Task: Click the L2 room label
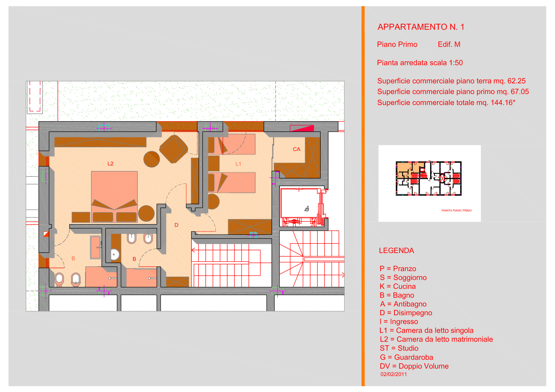click(x=110, y=164)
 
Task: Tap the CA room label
click(x=296, y=149)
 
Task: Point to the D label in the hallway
click(x=176, y=225)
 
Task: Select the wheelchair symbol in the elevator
click(x=307, y=209)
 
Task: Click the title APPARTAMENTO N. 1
click(x=421, y=27)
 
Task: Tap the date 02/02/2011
click(x=394, y=375)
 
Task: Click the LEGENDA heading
click(x=396, y=251)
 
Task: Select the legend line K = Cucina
click(x=397, y=287)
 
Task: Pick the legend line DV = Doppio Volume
click(x=414, y=366)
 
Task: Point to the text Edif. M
click(x=449, y=44)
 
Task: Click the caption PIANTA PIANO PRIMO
click(x=456, y=210)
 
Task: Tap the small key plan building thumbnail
click(x=428, y=178)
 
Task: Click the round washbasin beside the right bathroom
click(x=115, y=254)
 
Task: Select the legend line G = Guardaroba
click(x=406, y=357)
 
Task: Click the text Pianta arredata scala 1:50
click(x=420, y=63)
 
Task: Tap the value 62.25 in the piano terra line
click(x=516, y=81)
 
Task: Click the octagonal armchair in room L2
click(x=173, y=149)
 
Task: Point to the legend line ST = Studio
click(x=399, y=349)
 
